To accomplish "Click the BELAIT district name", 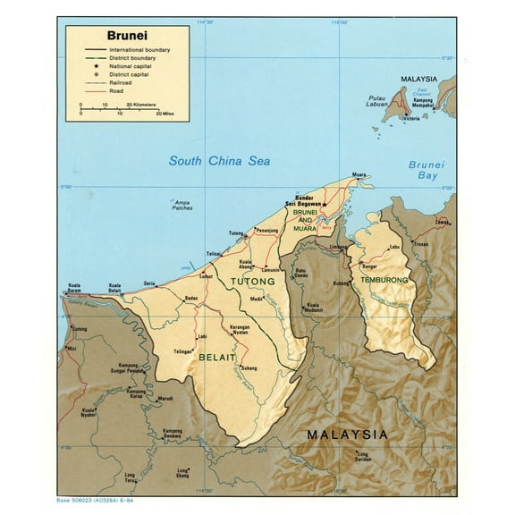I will coord(217,358).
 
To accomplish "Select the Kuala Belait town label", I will coord(114,288).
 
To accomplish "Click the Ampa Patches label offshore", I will coord(182,205).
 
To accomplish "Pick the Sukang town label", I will coord(249,367).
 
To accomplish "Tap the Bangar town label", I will coord(368,266).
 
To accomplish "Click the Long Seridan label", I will coord(361,456).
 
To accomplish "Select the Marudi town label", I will coord(165,399).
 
